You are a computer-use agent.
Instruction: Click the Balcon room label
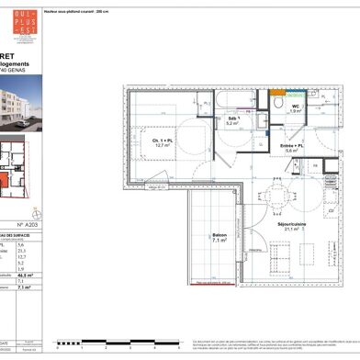pyautogui.click(x=219, y=235)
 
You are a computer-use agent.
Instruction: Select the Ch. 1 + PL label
pyautogui.click(x=163, y=139)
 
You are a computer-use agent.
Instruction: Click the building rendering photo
pyautogui.click(x=19, y=106)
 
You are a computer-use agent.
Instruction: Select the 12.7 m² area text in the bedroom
pyautogui.click(x=163, y=145)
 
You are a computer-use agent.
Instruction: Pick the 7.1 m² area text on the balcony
pyautogui.click(x=219, y=242)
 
